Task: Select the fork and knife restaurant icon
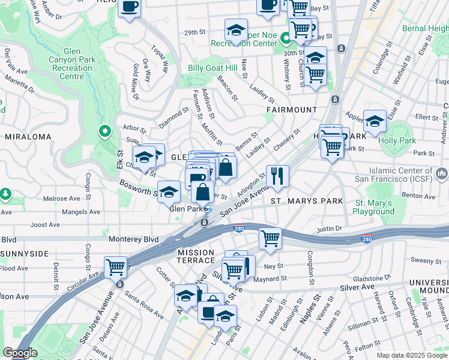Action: (277, 176)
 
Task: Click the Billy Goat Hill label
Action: (212, 68)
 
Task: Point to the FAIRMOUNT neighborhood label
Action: (292, 110)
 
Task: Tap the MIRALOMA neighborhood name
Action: (28, 137)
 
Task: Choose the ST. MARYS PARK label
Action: (307, 201)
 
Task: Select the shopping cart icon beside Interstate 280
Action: (270, 238)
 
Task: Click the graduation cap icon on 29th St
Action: (236, 30)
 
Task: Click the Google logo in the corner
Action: (20, 353)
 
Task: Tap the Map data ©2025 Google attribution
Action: (412, 355)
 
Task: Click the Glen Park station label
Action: (185, 209)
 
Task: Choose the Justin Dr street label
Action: (329, 228)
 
